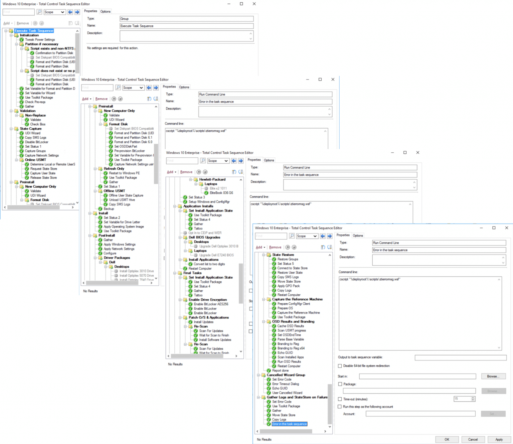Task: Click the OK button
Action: pos(447,439)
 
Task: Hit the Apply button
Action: pos(499,439)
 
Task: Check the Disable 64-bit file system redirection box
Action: pos(340,366)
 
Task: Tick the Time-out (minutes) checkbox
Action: pos(340,399)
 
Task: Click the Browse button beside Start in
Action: pos(493,376)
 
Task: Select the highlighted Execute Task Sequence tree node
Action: pos(34,31)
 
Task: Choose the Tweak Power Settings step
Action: pos(40,39)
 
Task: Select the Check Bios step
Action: pos(38,124)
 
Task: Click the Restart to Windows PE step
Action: pos(124,173)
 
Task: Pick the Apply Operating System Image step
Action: pos(124,227)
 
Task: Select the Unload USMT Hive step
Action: pos(122,200)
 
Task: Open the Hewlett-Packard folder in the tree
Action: pos(212,179)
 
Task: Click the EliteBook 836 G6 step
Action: pos(221,193)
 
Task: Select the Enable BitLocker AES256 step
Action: pos(211,304)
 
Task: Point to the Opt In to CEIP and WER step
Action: pos(205,233)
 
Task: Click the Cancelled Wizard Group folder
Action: pos(286,375)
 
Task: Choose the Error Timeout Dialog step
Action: pos(285,384)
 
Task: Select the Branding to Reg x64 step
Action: pos(291,348)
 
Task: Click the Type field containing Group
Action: pos(186,19)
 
